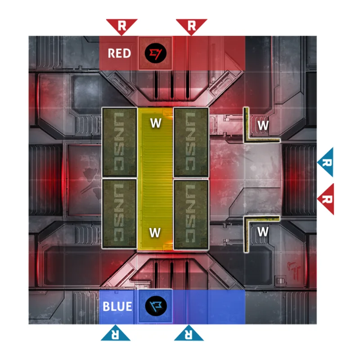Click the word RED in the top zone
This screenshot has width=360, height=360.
click(x=119, y=54)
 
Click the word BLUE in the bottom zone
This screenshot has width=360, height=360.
click(x=117, y=307)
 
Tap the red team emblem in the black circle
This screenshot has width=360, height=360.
click(x=156, y=54)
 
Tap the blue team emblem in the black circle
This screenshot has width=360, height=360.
click(x=156, y=306)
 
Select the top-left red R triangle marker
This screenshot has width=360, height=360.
click(x=121, y=25)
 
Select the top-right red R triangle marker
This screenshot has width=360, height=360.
click(x=191, y=25)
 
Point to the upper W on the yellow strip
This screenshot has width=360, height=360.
click(x=155, y=123)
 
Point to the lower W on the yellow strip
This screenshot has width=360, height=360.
click(x=155, y=232)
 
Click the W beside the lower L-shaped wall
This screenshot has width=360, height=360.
click(x=263, y=232)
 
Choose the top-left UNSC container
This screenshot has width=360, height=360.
click(x=120, y=142)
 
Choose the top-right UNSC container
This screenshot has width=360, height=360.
click(x=191, y=142)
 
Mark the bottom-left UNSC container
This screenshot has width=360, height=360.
click(x=120, y=214)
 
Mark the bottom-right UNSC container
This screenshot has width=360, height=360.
click(x=191, y=214)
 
